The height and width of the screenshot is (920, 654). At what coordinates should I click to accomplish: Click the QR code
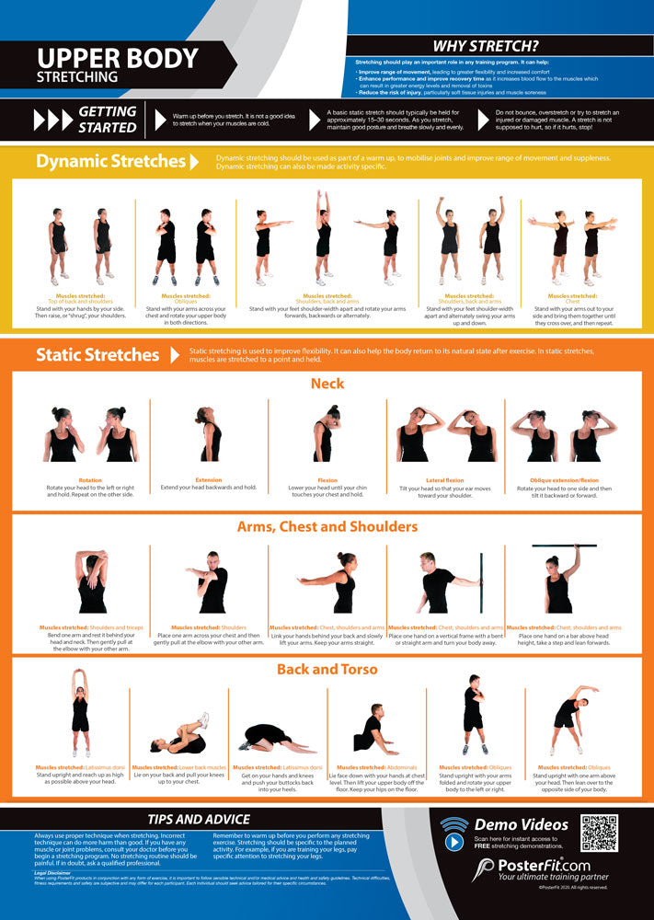(x=599, y=834)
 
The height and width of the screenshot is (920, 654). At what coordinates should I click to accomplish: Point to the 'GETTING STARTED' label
(x=107, y=120)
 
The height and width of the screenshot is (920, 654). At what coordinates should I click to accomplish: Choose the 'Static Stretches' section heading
(x=98, y=355)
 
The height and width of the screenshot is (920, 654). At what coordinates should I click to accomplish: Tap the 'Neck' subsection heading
(x=327, y=383)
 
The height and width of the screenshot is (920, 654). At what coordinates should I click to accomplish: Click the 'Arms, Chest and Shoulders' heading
(x=327, y=527)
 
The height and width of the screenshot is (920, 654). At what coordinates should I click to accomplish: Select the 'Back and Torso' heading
(x=327, y=670)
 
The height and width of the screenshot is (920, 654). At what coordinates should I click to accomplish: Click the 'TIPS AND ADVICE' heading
(x=200, y=820)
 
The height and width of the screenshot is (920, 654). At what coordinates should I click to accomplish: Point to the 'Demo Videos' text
(x=521, y=824)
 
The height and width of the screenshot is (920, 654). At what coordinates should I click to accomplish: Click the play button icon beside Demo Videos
(x=454, y=839)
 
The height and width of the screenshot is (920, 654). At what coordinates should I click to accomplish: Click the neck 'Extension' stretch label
(x=209, y=479)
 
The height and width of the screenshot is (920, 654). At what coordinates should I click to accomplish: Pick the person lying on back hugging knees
(x=180, y=737)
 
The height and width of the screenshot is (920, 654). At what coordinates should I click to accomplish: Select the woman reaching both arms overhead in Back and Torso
(x=81, y=713)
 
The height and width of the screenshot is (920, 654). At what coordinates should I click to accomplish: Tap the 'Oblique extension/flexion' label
(x=564, y=479)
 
